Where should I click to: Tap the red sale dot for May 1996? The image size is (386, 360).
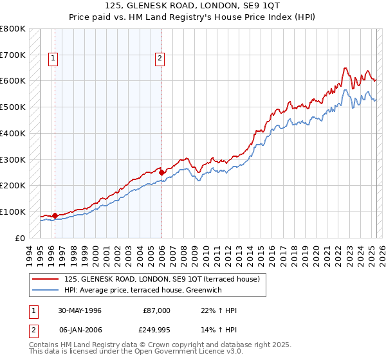tap(55, 215)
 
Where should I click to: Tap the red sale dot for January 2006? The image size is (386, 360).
tap(161, 172)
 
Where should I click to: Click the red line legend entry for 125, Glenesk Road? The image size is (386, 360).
tap(161, 279)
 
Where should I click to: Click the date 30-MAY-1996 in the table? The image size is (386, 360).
tap(79, 310)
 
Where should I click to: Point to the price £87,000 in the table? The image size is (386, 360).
tap(157, 310)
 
